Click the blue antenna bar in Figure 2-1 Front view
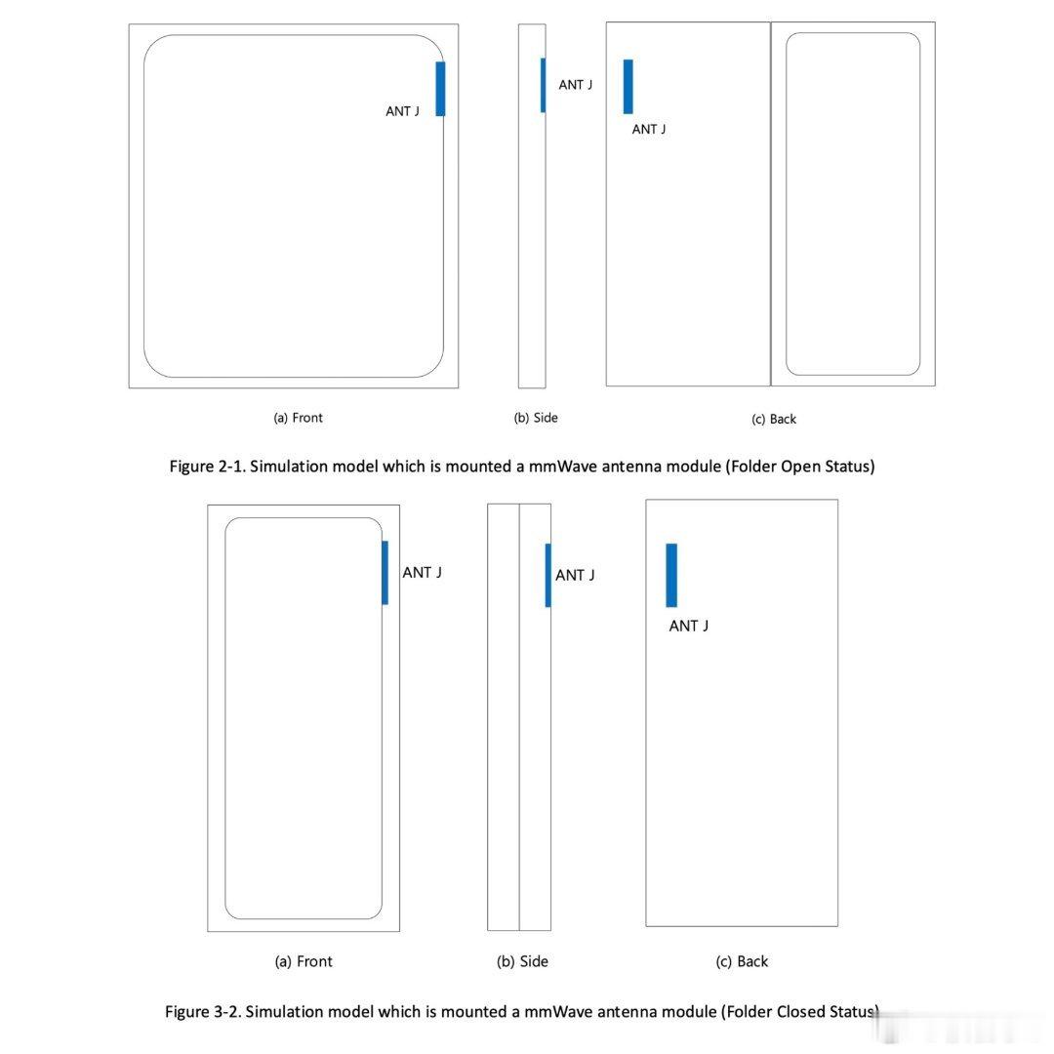[x=440, y=89]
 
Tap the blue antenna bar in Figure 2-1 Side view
[x=544, y=85]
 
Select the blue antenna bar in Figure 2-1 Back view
[x=628, y=87]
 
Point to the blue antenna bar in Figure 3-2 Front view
[x=385, y=573]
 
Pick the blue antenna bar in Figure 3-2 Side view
[x=547, y=576]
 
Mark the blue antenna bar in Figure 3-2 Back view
[x=671, y=576]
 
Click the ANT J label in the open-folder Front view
[x=403, y=111]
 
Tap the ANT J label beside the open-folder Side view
[x=576, y=85]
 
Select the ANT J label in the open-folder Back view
[x=649, y=129]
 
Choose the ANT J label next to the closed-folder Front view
[x=423, y=573]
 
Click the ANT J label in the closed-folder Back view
[x=688, y=626]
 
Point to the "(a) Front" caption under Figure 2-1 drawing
[x=298, y=418]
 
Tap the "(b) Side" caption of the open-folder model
[x=536, y=418]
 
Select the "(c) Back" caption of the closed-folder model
[x=742, y=961]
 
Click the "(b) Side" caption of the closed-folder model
[x=522, y=961]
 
